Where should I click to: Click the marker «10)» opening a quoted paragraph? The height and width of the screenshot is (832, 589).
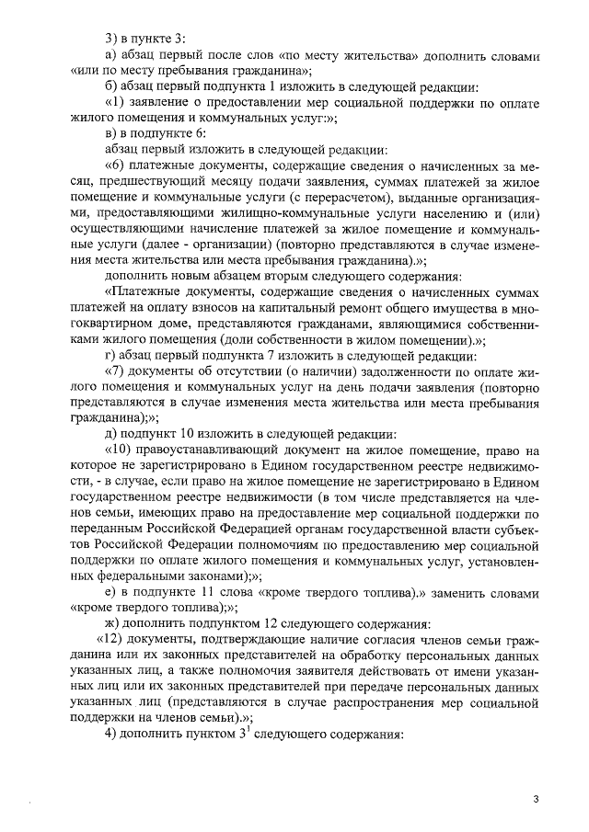121,451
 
